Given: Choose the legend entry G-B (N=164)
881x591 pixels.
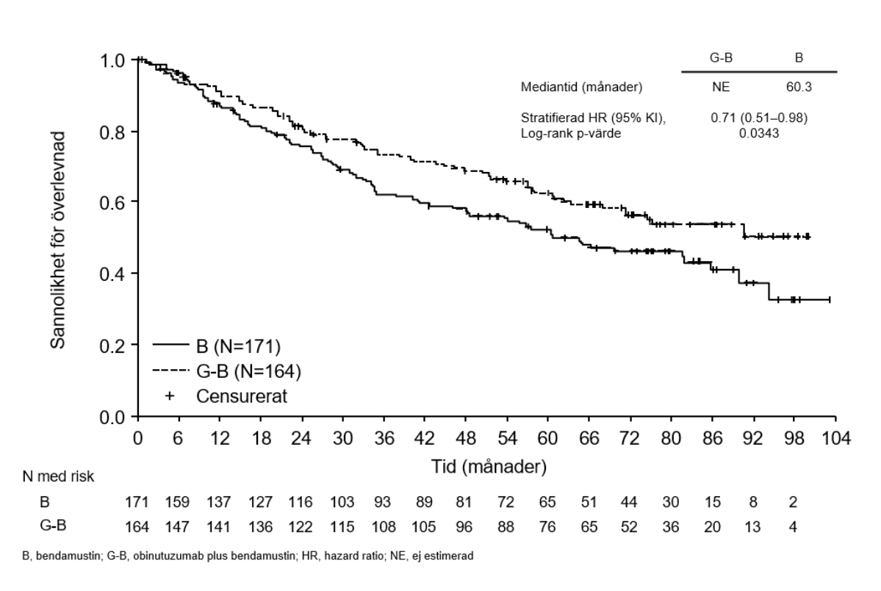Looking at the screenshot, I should point(248,370).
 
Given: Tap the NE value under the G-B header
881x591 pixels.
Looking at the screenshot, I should point(721,87).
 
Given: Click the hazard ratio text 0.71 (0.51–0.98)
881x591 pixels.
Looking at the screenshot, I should point(759,116).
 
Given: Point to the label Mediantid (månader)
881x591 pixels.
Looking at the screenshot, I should point(580,87).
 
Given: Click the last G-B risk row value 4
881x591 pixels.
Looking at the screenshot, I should point(792,526).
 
